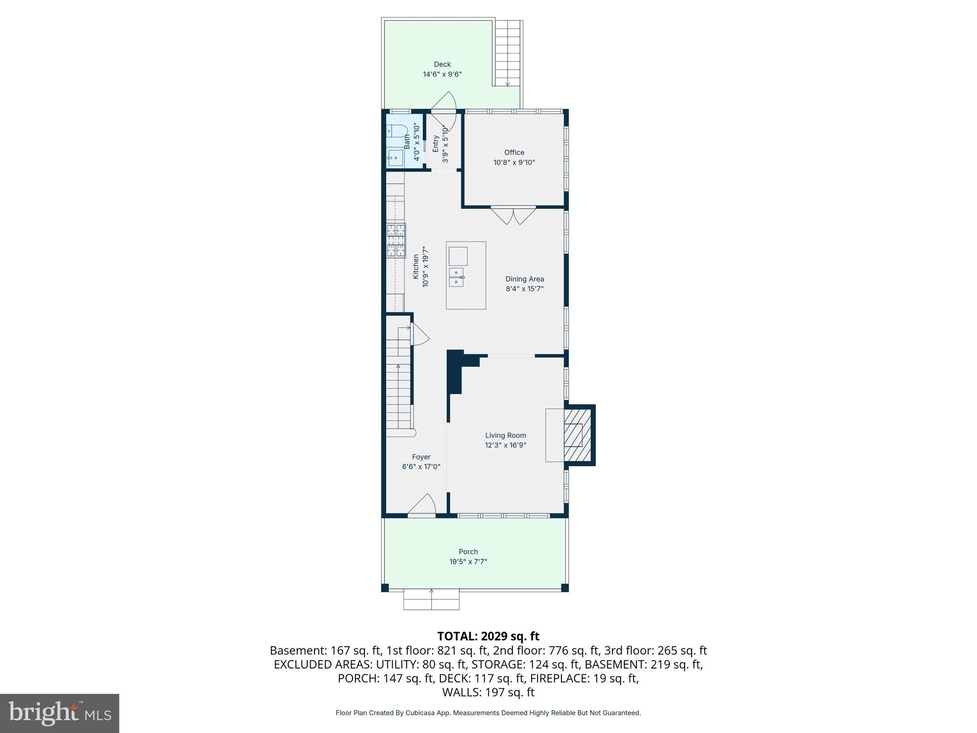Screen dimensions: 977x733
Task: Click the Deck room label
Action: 442,64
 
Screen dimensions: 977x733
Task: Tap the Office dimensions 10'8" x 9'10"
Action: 514,163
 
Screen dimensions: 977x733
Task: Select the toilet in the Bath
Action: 396,130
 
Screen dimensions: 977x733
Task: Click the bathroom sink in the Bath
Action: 395,158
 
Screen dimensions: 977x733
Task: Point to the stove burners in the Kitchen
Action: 396,240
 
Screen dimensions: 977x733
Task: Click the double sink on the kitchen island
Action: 456,277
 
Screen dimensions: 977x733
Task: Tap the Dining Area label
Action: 524,279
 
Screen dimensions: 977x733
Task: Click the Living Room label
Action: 505,435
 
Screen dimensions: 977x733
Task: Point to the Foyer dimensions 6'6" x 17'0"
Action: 421,467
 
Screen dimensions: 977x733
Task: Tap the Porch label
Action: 468,552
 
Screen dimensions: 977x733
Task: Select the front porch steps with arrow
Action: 431,600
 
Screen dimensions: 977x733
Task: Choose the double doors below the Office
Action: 513,215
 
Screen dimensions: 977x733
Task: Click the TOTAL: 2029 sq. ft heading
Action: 488,636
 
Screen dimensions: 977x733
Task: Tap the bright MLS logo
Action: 60,713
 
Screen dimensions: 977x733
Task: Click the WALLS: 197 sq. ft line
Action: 488,692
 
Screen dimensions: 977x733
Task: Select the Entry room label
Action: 435,144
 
